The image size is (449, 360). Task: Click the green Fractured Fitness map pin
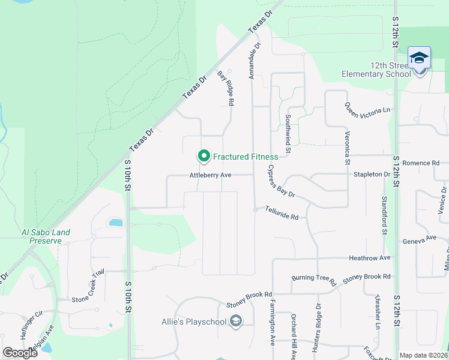[x=203, y=157]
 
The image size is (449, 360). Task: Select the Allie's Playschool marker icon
[x=236, y=322]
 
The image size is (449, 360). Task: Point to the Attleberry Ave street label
[x=210, y=175]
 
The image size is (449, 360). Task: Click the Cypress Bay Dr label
[x=282, y=182]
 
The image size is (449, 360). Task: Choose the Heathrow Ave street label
[x=370, y=257]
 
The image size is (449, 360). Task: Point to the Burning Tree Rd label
[x=312, y=278]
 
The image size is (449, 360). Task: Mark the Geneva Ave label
[x=421, y=238]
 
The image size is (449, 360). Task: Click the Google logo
[x=20, y=353]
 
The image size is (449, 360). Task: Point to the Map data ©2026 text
[x=423, y=355]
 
